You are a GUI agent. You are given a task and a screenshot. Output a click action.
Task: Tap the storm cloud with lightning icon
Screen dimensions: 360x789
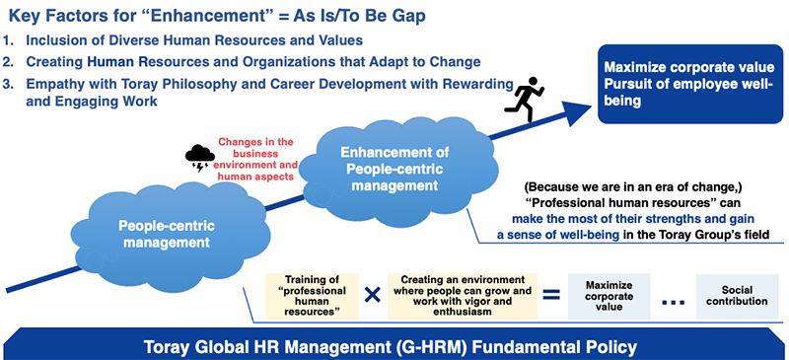click(200, 155)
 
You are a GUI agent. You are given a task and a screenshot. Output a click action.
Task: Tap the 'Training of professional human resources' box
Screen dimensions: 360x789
click(312, 294)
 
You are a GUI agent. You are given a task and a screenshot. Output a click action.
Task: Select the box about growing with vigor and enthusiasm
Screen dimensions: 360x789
click(460, 294)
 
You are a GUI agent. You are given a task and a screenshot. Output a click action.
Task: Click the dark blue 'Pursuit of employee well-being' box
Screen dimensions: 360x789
click(688, 84)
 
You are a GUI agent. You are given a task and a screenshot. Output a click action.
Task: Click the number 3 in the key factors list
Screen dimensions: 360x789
click(9, 83)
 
